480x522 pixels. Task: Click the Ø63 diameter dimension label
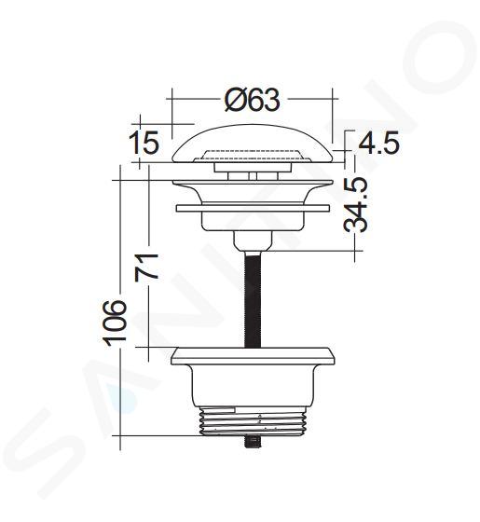tap(252, 99)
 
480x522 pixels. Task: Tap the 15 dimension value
tap(144, 143)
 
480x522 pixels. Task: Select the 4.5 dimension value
tap(378, 143)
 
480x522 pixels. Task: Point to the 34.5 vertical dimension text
tap(356, 204)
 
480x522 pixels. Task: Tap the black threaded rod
tap(253, 299)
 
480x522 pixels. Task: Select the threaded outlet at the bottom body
tap(253, 421)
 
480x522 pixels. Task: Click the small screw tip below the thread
tap(253, 442)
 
